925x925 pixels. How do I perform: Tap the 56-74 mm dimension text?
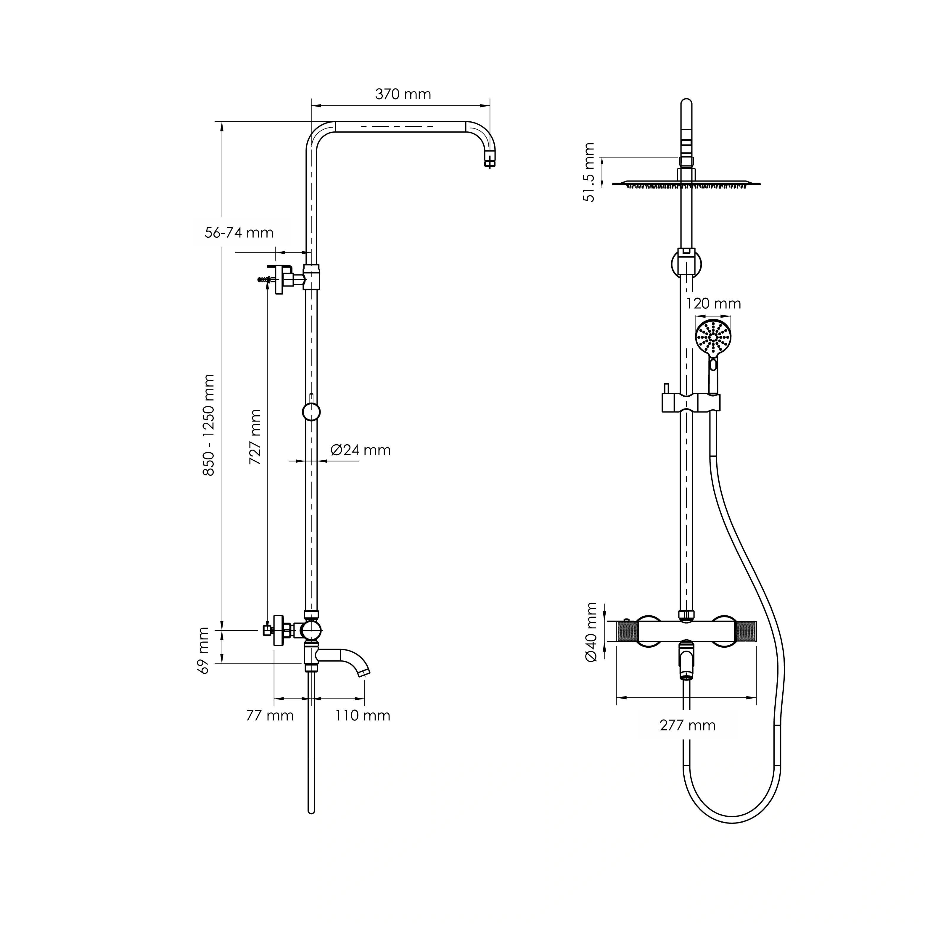[x=239, y=233]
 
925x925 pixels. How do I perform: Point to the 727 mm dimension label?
[x=255, y=437]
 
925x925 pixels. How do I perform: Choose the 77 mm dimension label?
[x=270, y=715]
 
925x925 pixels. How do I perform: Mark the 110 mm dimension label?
[x=362, y=715]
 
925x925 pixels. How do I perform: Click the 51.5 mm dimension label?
[x=589, y=172]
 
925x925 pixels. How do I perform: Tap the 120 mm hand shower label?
[x=713, y=303]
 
